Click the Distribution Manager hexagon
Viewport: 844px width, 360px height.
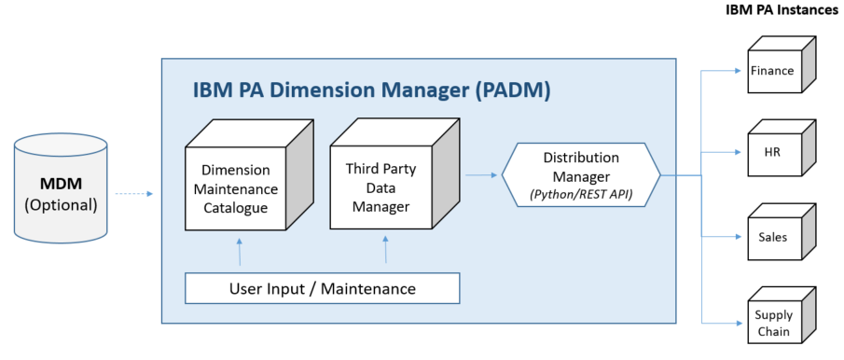pyautogui.click(x=581, y=173)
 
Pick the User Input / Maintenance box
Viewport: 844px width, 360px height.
pyautogui.click(x=323, y=288)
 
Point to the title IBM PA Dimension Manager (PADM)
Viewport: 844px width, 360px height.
pyautogui.click(x=371, y=90)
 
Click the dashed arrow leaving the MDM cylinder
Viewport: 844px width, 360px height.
pyautogui.click(x=136, y=194)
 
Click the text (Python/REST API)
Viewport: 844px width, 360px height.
pyautogui.click(x=581, y=193)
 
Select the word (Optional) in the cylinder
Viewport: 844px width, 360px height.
pyautogui.click(x=60, y=203)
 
